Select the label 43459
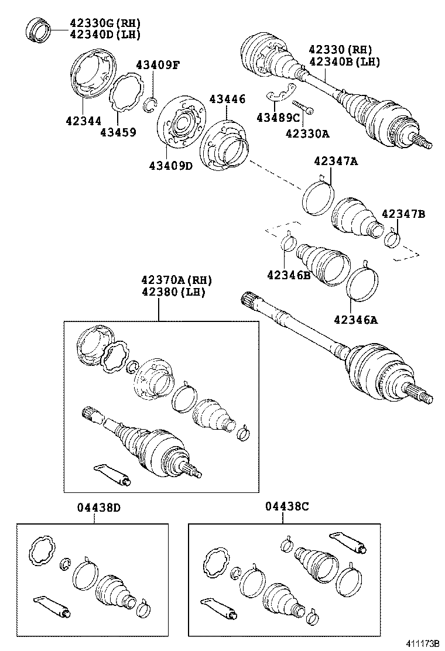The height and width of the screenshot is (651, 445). click(118, 132)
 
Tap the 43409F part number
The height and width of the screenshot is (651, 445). click(158, 65)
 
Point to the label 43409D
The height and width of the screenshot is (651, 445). click(170, 166)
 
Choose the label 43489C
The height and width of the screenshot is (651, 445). click(278, 118)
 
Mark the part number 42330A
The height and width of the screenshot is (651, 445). click(307, 133)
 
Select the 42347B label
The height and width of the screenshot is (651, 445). click(403, 214)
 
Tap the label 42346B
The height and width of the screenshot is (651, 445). click(289, 275)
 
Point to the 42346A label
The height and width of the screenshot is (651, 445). click(356, 320)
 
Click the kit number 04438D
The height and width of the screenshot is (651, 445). click(98, 508)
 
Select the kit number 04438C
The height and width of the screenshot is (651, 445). click(286, 508)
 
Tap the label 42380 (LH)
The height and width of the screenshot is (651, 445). click(173, 292)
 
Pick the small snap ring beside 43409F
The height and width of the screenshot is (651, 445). click(149, 105)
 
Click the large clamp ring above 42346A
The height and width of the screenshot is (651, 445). click(362, 282)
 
